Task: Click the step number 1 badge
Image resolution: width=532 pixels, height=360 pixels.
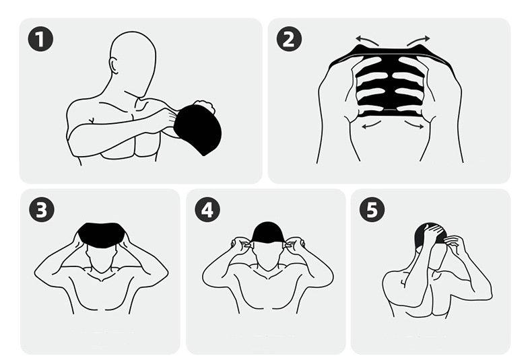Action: coord(40,39)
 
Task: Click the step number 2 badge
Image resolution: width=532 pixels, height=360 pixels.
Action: coord(289,39)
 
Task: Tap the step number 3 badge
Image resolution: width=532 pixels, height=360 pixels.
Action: coord(41,209)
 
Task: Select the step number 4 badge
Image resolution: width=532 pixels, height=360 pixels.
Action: coord(207,209)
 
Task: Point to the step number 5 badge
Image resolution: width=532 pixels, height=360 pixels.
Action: coord(372,209)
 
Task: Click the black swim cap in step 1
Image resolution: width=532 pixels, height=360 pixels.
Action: coord(198,129)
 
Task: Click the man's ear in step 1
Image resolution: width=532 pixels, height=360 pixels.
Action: coord(114,66)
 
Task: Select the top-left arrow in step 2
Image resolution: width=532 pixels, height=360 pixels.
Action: coord(367,40)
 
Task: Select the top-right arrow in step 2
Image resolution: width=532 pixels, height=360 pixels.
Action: coord(418,40)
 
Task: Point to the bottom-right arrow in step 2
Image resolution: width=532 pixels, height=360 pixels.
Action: coord(413,124)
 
